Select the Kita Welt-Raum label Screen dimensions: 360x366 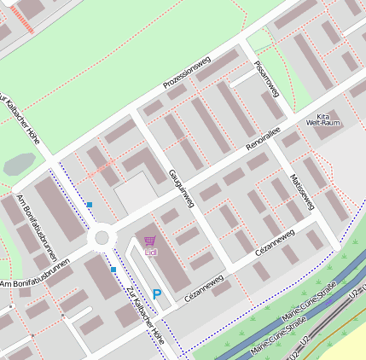pos(322,119)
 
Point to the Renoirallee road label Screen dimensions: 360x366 pos(263,137)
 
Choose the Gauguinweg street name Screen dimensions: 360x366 pos(182,188)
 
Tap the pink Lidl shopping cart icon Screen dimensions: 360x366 pos(150,241)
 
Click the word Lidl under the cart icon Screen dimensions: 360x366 pos(151,253)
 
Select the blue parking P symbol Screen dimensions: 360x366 pos(157,293)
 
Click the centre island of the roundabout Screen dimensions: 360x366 pos(103,237)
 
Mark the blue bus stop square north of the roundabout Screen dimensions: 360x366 pos(89,204)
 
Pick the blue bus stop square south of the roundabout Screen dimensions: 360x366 pos(113,270)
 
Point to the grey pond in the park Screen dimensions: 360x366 pos(19,165)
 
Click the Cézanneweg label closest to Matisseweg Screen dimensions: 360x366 pos(275,241)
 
